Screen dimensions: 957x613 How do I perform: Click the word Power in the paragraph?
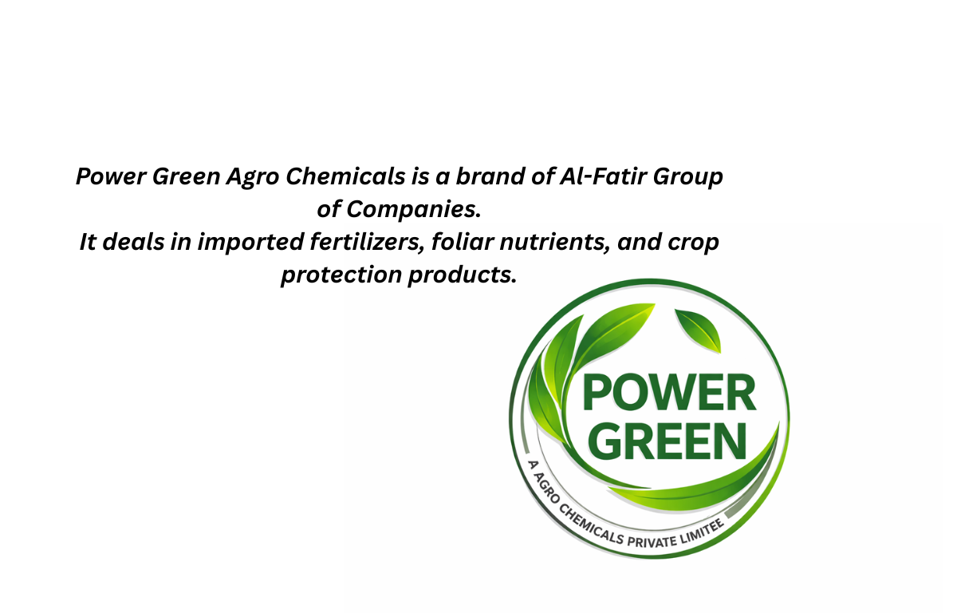coord(111,176)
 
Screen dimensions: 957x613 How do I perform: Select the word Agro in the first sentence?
coord(253,178)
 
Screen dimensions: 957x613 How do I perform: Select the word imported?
coord(250,243)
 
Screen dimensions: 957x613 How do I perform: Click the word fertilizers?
coord(367,243)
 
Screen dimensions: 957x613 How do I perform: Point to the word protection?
coord(341,275)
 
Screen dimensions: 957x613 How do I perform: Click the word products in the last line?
coord(463,275)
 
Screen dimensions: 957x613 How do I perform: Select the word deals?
coord(134,242)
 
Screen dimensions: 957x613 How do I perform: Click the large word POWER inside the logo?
coord(669,393)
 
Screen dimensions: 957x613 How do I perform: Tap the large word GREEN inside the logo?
coord(669,441)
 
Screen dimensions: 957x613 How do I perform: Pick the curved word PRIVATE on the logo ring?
coord(652,540)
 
